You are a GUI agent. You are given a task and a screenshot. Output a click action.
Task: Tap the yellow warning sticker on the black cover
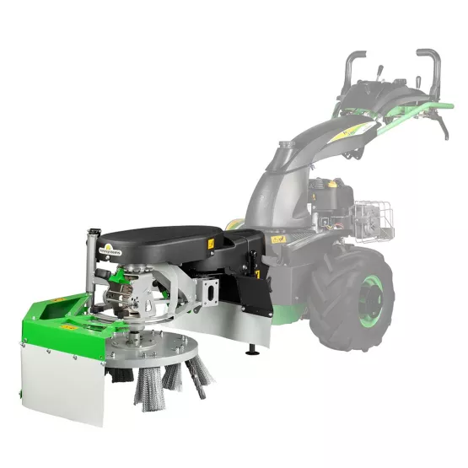click(211, 244)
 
